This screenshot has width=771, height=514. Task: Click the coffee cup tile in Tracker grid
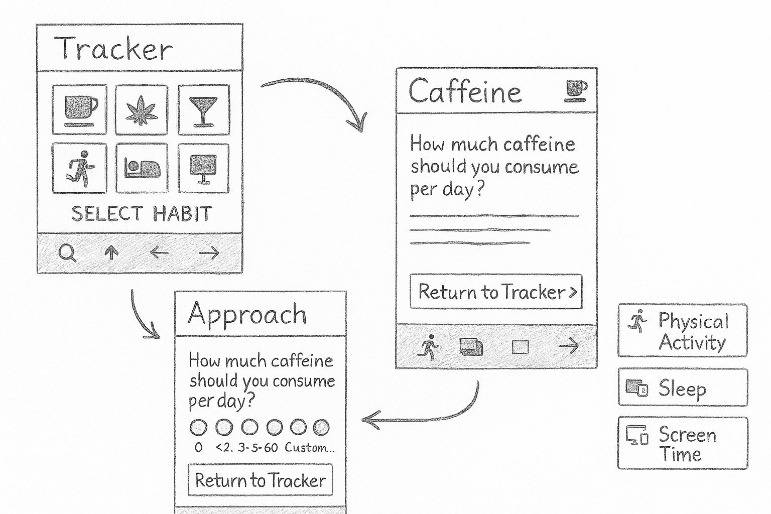[x=80, y=109]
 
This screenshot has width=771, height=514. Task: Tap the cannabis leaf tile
[x=142, y=109]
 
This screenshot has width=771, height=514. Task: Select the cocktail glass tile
[x=203, y=109]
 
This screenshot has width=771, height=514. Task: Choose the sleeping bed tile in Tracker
[x=142, y=168]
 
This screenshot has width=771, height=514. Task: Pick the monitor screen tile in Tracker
[x=203, y=168]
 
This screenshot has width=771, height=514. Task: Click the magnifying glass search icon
[x=67, y=252]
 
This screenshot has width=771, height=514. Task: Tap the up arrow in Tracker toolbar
[x=111, y=252]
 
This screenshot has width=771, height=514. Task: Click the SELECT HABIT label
[x=142, y=214]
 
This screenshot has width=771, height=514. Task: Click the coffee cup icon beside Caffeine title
[x=576, y=91]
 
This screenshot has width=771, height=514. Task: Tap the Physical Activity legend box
[x=682, y=330]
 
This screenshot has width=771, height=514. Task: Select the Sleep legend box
[x=682, y=388]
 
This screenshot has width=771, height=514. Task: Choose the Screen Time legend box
[x=682, y=443]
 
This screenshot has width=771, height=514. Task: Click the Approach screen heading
[x=247, y=315]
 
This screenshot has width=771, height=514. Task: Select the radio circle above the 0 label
[x=198, y=428]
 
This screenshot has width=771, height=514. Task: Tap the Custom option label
[x=309, y=447]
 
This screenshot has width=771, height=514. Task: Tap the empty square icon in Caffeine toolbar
[x=520, y=347]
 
